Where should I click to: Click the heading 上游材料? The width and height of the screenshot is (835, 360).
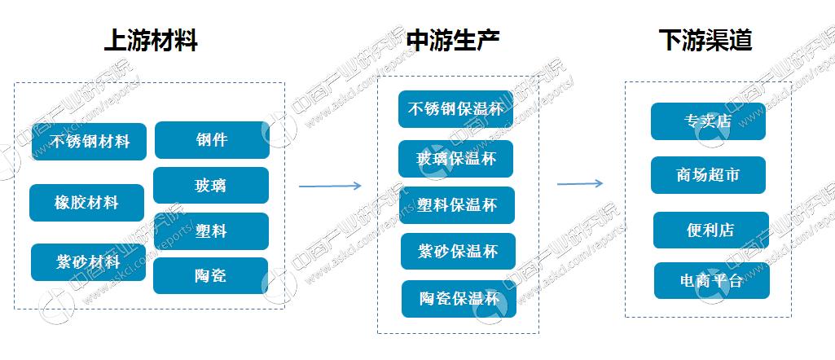[152, 41]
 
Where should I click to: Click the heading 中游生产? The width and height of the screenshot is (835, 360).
[453, 41]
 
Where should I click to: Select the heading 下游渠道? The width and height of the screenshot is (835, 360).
[705, 41]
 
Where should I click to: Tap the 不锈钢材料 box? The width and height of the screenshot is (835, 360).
[89, 142]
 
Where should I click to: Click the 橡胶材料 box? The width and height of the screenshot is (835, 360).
[86, 203]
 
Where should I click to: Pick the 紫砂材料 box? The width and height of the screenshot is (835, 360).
[88, 262]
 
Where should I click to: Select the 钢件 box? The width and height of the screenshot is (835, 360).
[211, 140]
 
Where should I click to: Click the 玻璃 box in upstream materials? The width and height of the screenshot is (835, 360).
[210, 186]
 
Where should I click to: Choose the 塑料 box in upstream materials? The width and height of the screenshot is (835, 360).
[210, 231]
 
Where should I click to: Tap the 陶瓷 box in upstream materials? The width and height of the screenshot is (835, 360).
[210, 276]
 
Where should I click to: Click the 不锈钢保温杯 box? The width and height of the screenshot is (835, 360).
[455, 109]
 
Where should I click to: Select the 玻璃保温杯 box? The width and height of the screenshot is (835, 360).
[455, 158]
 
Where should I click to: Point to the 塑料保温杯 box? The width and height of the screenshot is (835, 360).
[456, 205]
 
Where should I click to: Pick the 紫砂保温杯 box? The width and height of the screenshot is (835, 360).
[457, 252]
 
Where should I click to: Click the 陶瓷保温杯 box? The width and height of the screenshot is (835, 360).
[459, 299]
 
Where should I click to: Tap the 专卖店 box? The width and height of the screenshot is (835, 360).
[708, 121]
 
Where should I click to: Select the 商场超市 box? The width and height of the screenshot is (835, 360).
[708, 175]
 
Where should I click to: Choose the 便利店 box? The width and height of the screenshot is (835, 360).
[710, 230]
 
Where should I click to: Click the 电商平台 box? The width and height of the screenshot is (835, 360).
[711, 280]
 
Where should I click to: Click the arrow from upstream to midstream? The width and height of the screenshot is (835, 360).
[329, 187]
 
